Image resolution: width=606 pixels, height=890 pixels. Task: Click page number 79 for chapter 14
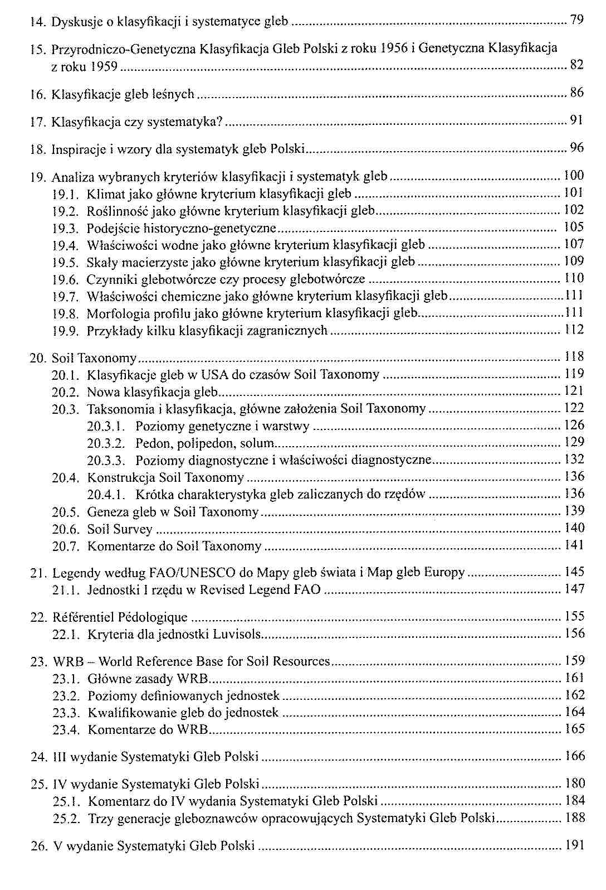[577, 21]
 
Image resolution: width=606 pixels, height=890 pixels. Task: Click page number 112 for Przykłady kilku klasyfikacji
[575, 330]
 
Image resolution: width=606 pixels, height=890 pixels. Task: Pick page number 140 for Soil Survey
[575, 528]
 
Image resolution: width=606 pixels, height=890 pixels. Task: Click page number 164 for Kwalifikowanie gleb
[575, 712]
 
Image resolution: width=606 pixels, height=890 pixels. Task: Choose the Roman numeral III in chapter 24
[59, 757]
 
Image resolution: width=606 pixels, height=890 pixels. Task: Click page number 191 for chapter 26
[575, 845]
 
